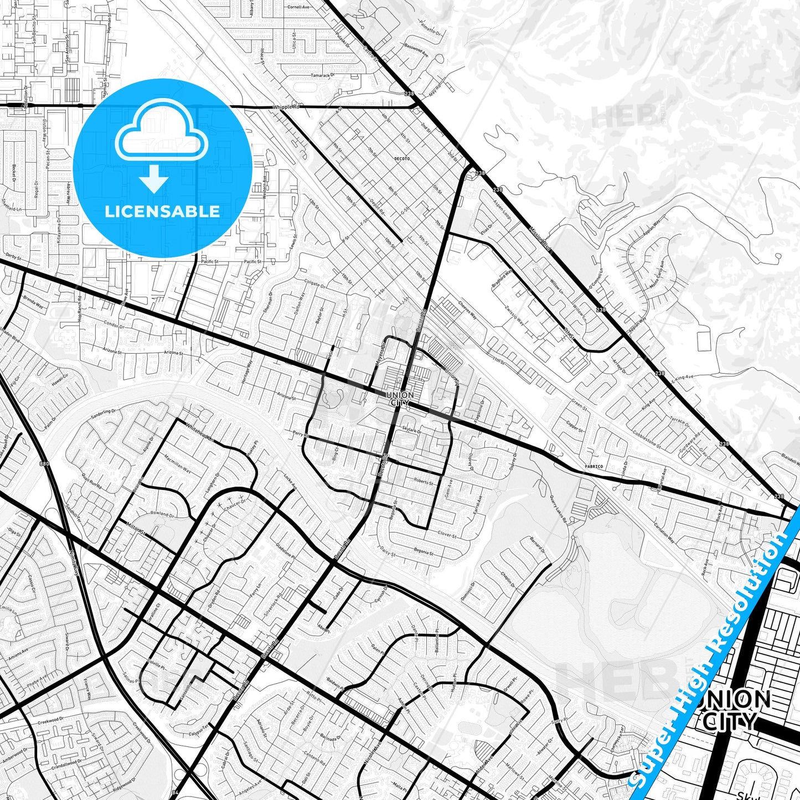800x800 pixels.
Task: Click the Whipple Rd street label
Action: click(286, 106)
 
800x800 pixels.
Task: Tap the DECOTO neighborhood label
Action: click(401, 159)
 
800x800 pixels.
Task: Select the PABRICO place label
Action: click(593, 467)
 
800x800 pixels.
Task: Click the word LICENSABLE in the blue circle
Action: click(162, 211)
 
